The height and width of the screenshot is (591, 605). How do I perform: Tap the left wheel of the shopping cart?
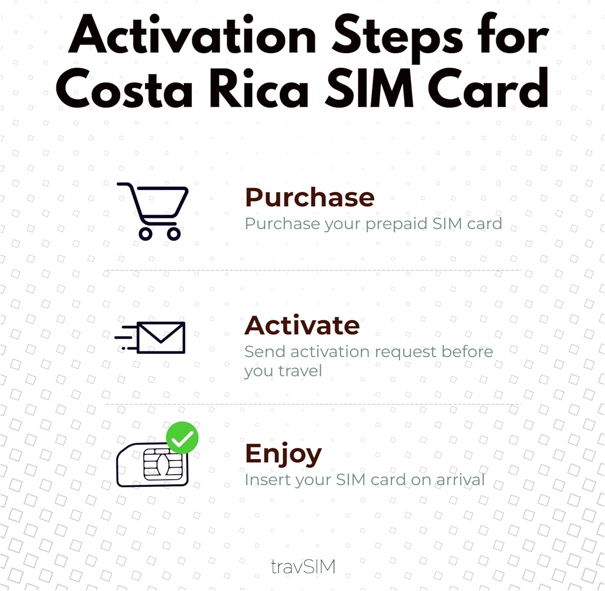tap(145, 234)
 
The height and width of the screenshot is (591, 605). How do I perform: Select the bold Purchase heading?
tap(310, 197)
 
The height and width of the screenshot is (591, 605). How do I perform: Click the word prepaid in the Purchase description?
tap(396, 224)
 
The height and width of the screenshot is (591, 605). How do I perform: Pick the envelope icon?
tap(161, 337)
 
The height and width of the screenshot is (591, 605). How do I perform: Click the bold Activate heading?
tap(302, 325)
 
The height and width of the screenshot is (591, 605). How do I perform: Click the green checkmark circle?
tap(182, 438)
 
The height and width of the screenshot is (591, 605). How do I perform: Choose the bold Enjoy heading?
tap(284, 454)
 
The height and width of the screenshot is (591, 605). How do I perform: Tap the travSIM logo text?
tap(303, 567)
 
